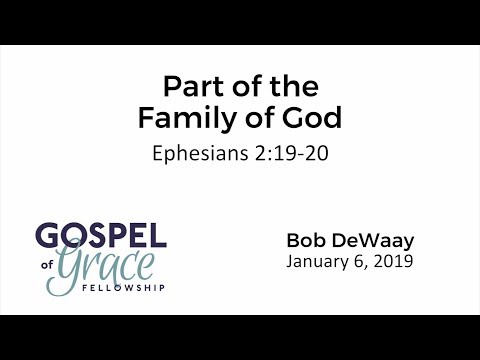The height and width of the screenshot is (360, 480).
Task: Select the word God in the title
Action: click(x=313, y=119)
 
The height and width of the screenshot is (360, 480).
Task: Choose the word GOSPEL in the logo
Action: click(x=101, y=237)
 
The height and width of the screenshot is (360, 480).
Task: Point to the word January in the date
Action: click(x=317, y=263)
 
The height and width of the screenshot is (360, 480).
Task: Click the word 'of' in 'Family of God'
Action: click(x=261, y=119)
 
